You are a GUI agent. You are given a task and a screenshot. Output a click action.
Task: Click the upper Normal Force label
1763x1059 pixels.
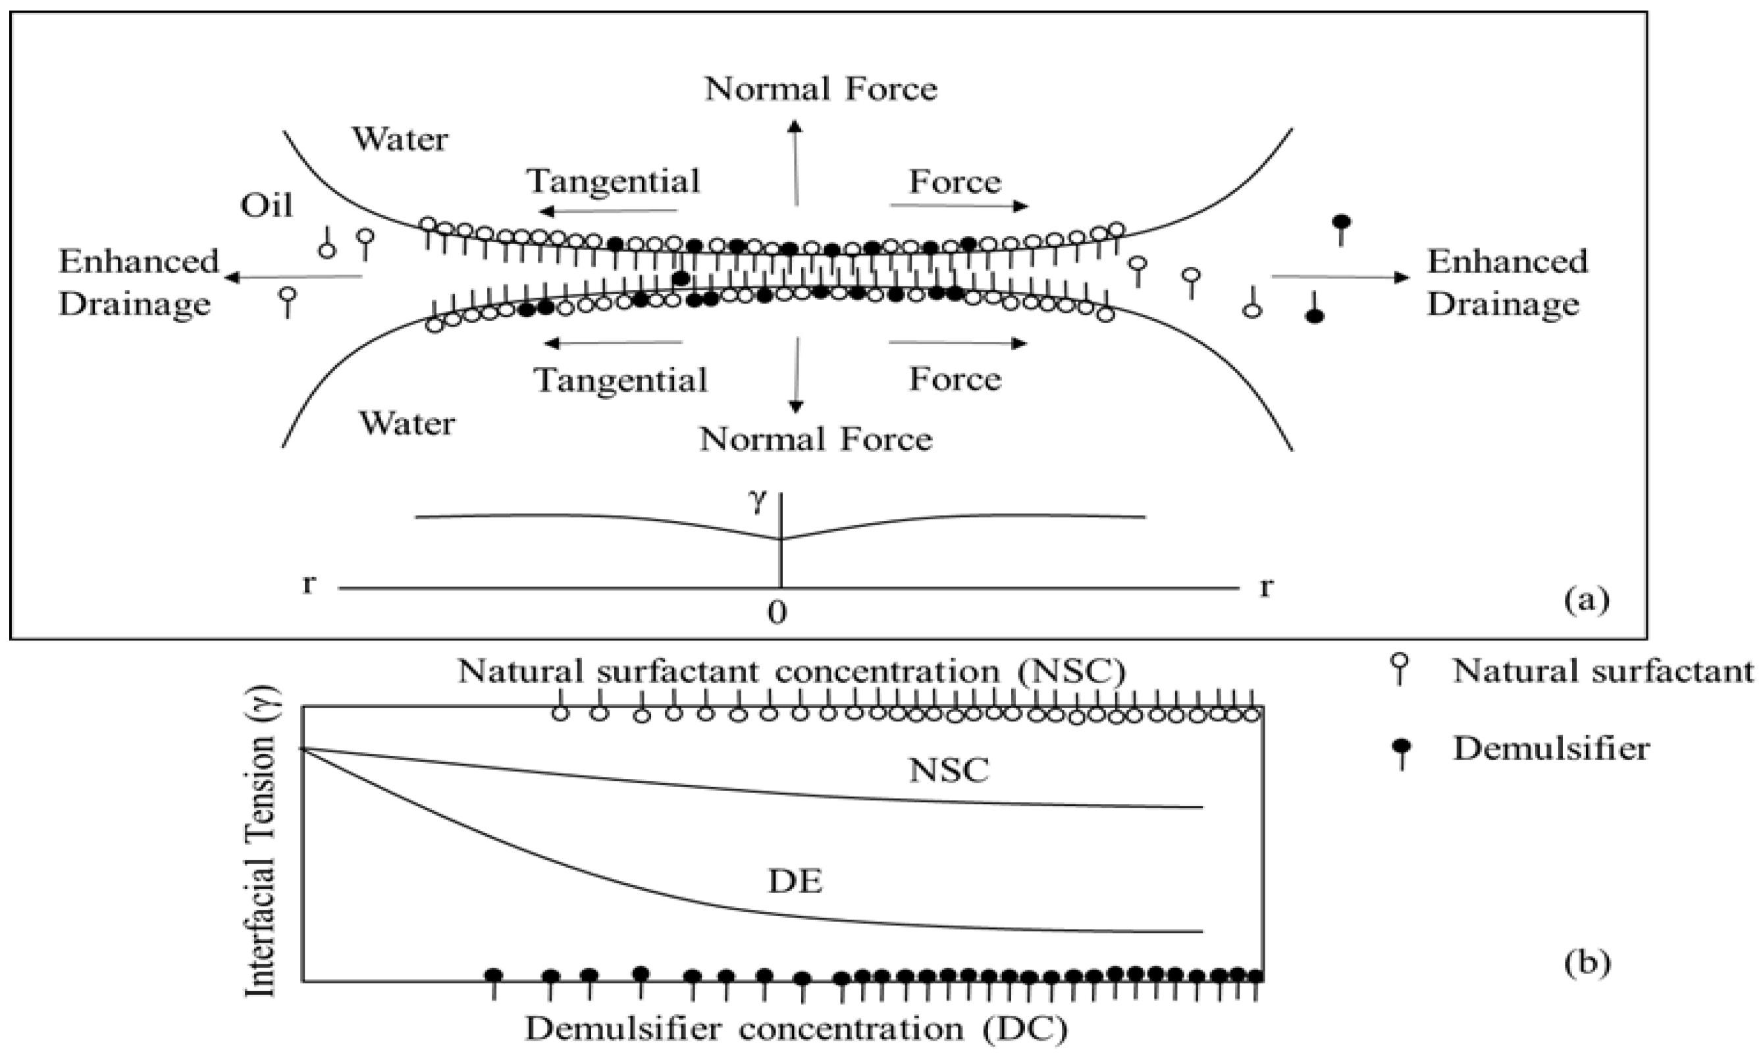point(820,90)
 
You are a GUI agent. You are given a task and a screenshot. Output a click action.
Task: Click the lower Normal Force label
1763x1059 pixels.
point(815,440)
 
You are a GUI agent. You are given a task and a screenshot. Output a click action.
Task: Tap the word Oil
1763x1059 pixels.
point(266,206)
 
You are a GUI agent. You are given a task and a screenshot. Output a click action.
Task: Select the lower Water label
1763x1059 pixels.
point(406,424)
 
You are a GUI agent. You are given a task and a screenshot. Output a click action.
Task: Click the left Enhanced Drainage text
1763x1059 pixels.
point(138,282)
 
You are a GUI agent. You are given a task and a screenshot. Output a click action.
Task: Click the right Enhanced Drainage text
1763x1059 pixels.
point(1506,282)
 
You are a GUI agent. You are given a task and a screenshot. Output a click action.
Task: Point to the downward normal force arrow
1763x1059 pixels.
point(796,375)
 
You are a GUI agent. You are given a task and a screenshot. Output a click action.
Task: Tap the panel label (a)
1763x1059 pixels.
point(1587,600)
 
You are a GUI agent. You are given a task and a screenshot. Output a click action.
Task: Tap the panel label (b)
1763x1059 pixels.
point(1587,963)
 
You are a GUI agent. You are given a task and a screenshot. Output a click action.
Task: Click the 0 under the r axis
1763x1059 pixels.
point(777,612)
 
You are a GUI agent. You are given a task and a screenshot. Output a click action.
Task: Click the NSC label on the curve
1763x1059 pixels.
point(949,771)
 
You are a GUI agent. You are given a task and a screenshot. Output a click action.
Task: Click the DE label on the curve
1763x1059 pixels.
point(795,883)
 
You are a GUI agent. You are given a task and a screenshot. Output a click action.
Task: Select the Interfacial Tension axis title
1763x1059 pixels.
point(260,842)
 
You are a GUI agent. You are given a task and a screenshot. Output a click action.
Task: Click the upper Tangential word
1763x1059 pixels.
point(613,181)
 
